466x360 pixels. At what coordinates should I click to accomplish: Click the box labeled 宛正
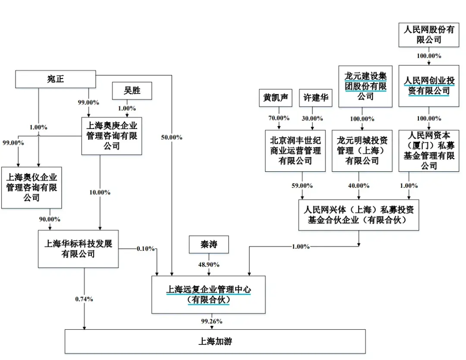[55, 79]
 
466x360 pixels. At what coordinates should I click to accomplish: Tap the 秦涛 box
[208, 245]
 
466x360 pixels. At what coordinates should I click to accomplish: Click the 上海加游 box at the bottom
[215, 341]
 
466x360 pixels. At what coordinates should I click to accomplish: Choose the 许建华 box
[315, 98]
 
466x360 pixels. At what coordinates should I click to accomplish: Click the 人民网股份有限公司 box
[429, 35]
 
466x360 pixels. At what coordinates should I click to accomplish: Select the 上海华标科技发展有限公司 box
[78, 249]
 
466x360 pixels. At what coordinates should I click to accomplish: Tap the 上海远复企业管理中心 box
[208, 294]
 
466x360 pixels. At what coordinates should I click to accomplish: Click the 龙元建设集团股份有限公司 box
[365, 86]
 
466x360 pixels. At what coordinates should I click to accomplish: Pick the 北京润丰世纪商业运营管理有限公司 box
[295, 151]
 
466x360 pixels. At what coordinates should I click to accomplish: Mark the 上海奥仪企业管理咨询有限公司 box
[31, 187]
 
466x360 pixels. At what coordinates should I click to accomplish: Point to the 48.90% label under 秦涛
[208, 264]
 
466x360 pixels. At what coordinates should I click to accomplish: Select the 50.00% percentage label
[171, 137]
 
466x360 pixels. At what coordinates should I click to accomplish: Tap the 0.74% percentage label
[84, 299]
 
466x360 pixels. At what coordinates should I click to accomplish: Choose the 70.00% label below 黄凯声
[279, 118]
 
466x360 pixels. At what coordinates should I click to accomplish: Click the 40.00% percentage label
[359, 186]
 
